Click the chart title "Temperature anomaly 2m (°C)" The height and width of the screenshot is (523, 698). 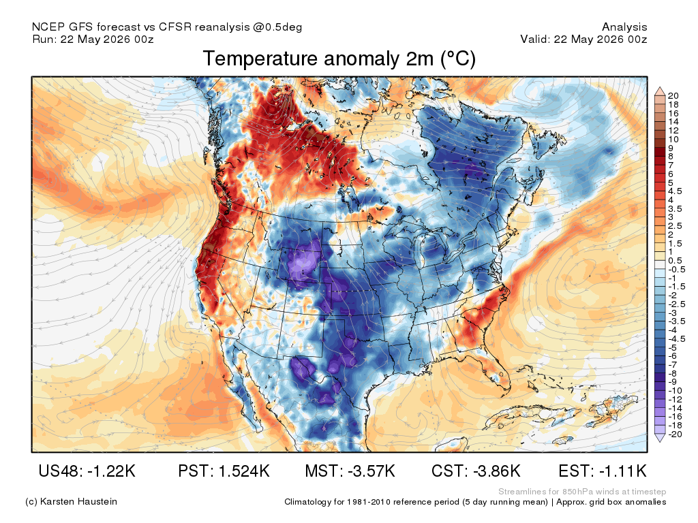pyautogui.click(x=339, y=59)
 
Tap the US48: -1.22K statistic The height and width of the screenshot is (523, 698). pyautogui.click(x=87, y=471)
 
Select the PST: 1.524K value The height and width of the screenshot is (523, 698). pyautogui.click(x=224, y=471)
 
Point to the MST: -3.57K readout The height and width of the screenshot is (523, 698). pyautogui.click(x=350, y=471)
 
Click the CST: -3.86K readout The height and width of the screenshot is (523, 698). pyautogui.click(x=476, y=471)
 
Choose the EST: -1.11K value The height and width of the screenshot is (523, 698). pyautogui.click(x=603, y=471)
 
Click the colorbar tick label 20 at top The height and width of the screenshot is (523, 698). pyautogui.click(x=673, y=95)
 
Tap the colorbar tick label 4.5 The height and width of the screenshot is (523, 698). pyautogui.click(x=675, y=191)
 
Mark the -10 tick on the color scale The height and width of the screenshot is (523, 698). pyautogui.click(x=676, y=390)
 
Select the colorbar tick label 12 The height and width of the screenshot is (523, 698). pyautogui.click(x=673, y=130)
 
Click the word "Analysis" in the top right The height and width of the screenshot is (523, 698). pyautogui.click(x=624, y=27)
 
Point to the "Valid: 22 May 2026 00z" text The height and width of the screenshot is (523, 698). pyautogui.click(x=583, y=39)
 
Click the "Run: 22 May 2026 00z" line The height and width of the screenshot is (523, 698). pyautogui.click(x=93, y=39)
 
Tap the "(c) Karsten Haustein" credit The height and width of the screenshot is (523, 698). pyautogui.click(x=71, y=502)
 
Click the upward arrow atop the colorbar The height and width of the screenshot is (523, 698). pyautogui.click(x=660, y=91)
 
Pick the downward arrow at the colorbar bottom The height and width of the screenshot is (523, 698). pyautogui.click(x=660, y=438)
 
